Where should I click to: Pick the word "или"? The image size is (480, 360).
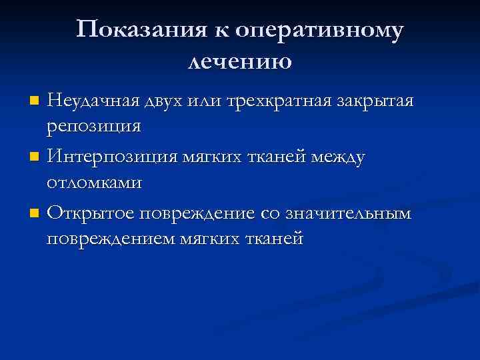(208, 101)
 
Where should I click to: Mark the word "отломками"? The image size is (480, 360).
(94, 182)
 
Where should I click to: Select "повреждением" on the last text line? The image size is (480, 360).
(111, 238)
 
